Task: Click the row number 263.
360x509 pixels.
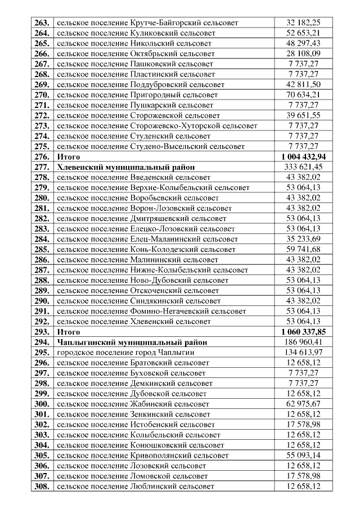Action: tap(42, 23)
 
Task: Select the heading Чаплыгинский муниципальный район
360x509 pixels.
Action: tap(132, 342)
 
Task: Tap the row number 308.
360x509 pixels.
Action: tap(42, 487)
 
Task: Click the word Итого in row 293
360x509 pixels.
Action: tap(69, 332)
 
